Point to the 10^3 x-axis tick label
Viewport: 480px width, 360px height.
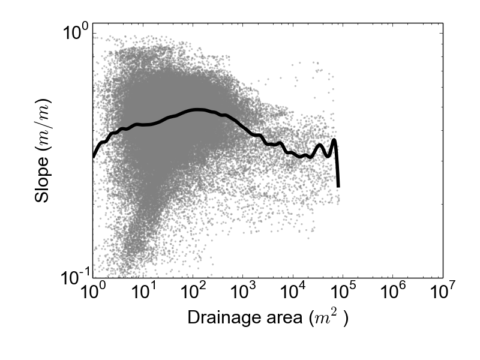[242, 293]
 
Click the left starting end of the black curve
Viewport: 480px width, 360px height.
[94, 157]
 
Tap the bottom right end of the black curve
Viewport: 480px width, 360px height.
[338, 186]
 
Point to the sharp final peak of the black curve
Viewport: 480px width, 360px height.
[334, 140]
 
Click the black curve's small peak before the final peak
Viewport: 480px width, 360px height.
[320, 145]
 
